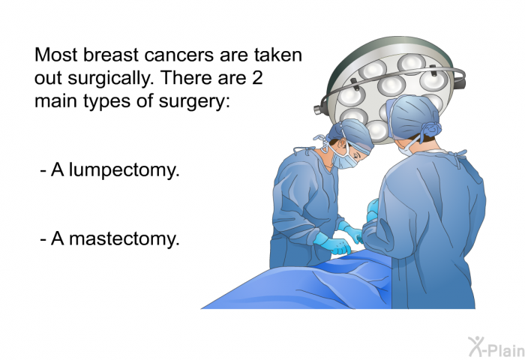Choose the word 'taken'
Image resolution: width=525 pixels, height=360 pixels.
click(277, 56)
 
